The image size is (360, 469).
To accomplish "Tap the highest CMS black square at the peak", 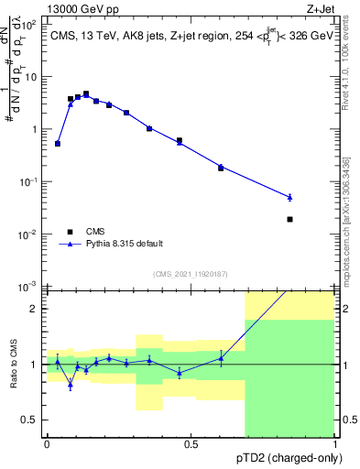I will pyautogui.click(x=86, y=93).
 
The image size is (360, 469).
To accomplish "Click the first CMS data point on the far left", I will pyautogui.click(x=58, y=143).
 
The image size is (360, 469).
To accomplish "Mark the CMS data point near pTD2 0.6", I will pyautogui.click(x=221, y=168).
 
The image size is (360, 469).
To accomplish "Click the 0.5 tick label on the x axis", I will pyautogui.click(x=191, y=444).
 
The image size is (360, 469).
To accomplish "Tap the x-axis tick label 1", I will pyautogui.click(x=335, y=444).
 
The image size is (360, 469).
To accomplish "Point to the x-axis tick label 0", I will pyautogui.click(x=47, y=444).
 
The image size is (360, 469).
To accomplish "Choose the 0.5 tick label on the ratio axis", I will pyautogui.click(x=31, y=420).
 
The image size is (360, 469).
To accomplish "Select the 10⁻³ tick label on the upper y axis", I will pyautogui.click(x=29, y=288).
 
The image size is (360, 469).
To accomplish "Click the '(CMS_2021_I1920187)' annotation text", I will pyautogui.click(x=190, y=274).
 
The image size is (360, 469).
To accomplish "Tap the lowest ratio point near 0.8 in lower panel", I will pyautogui.click(x=71, y=386).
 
